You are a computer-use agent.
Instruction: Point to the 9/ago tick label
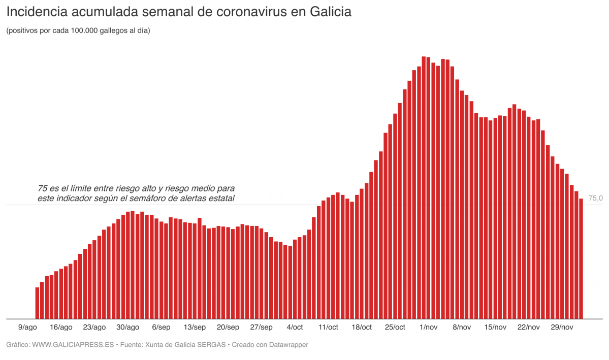pos(27,328)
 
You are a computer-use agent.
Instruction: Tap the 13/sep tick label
pos(195,328)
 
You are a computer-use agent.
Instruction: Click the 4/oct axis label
pos(295,328)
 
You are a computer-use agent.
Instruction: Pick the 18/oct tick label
pos(361,328)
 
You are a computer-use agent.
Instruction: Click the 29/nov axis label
pos(562,328)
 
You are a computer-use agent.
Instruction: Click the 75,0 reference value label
pos(595,199)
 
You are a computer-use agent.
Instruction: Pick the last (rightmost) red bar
pos(581,258)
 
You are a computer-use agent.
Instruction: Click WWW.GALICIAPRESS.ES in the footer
pos(73,345)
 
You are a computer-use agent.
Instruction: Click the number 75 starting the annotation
pos(42,188)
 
